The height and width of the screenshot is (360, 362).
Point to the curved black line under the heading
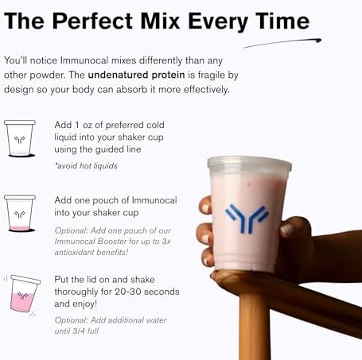[282, 42]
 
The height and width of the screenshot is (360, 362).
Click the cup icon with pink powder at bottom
[20, 212]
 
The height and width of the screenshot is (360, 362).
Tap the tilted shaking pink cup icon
[25, 293]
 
